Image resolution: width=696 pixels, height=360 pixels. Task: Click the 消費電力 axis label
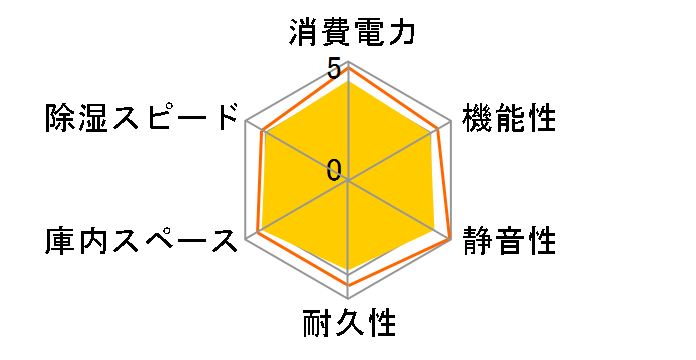pyautogui.click(x=347, y=33)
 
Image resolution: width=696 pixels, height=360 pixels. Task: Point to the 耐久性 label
pyautogui.click(x=348, y=325)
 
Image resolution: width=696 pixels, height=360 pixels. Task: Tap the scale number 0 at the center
pyautogui.click(x=334, y=170)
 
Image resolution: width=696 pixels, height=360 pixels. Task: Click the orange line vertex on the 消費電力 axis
pyautogui.click(x=348, y=67)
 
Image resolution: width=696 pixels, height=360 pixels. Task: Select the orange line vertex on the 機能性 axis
pyautogui.click(x=439, y=128)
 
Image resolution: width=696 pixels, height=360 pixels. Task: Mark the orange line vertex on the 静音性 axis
pyautogui.click(x=450, y=239)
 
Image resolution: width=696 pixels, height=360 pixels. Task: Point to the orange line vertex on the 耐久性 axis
pyautogui.click(x=348, y=285)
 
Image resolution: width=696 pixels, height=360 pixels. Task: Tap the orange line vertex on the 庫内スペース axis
pyautogui.click(x=258, y=232)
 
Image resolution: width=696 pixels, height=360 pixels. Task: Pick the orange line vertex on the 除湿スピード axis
pyautogui.click(x=261, y=131)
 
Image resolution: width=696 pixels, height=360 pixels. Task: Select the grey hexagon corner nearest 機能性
pyautogui.click(x=453, y=120)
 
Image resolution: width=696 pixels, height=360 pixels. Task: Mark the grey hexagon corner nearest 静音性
pyautogui.click(x=453, y=240)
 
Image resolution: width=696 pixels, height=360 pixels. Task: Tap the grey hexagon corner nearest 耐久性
pyautogui.click(x=348, y=301)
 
